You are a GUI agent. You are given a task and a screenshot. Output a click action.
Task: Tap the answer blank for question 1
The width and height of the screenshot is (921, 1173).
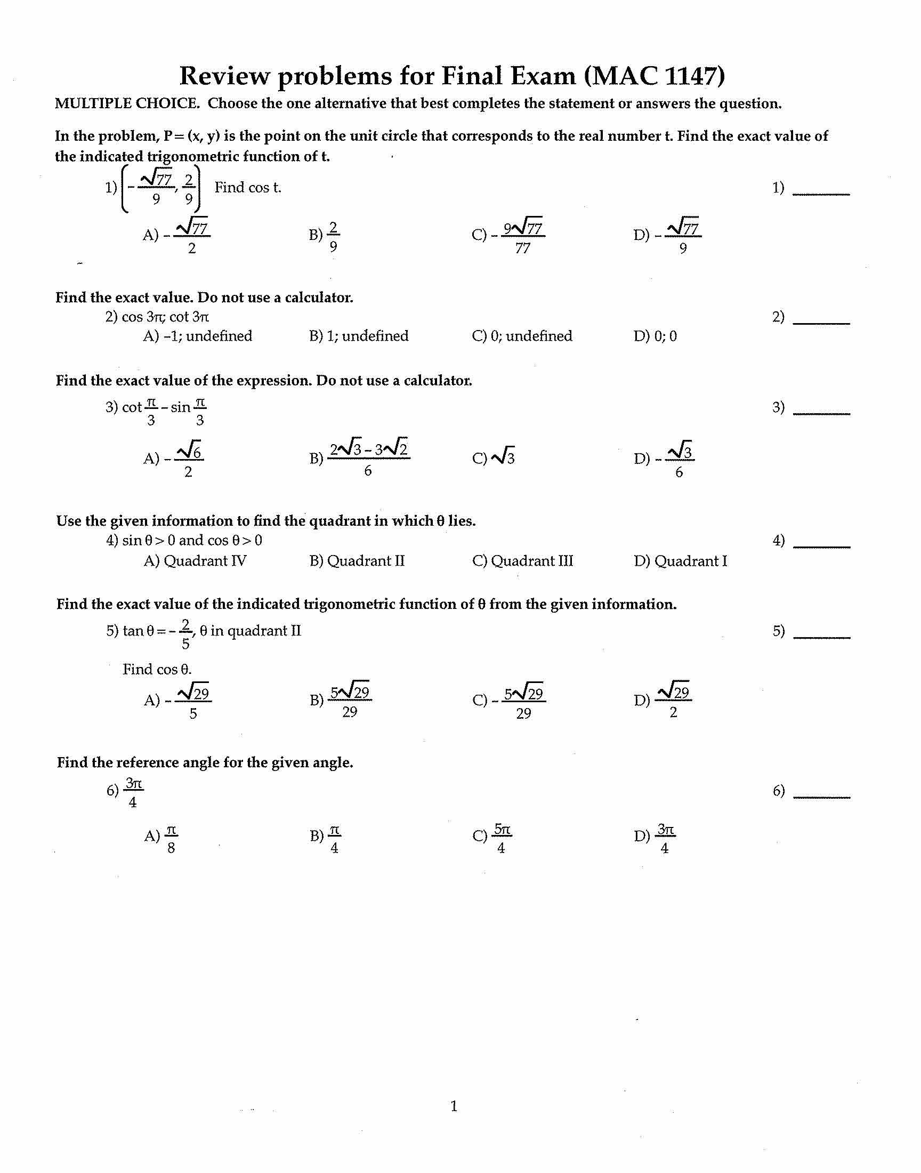pos(821,189)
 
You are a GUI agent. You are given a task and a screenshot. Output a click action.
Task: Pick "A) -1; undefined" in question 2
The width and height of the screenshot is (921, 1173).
pos(198,336)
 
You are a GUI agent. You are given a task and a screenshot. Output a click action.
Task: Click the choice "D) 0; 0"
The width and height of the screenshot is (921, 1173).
pos(655,336)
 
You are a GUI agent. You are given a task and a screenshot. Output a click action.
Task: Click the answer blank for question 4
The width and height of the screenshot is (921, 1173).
pos(821,542)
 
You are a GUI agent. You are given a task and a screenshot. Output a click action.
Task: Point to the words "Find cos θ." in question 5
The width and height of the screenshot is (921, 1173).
pos(157,669)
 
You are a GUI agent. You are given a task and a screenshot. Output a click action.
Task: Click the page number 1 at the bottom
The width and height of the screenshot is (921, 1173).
pos(454,1106)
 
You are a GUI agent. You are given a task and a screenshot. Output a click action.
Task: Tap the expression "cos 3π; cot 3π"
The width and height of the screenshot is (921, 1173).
pos(165,317)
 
